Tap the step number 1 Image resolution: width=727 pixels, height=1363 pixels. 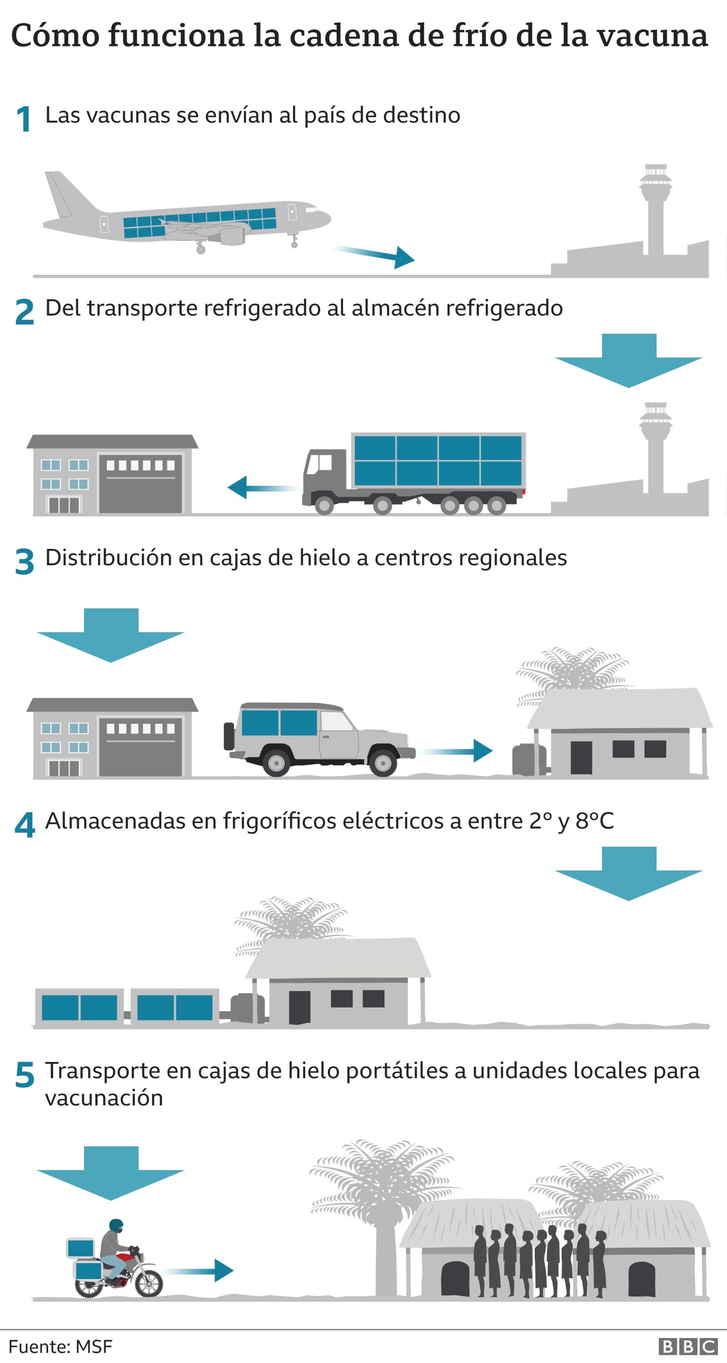(23, 119)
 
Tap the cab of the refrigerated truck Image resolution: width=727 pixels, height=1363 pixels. (323, 471)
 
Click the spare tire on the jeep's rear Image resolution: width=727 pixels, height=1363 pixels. (229, 736)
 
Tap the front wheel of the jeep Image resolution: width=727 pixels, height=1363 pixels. (382, 762)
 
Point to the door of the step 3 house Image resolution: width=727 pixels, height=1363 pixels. (581, 757)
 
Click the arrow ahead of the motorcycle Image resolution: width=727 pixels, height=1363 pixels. (201, 1270)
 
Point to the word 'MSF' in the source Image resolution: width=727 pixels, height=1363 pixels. (94, 1346)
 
